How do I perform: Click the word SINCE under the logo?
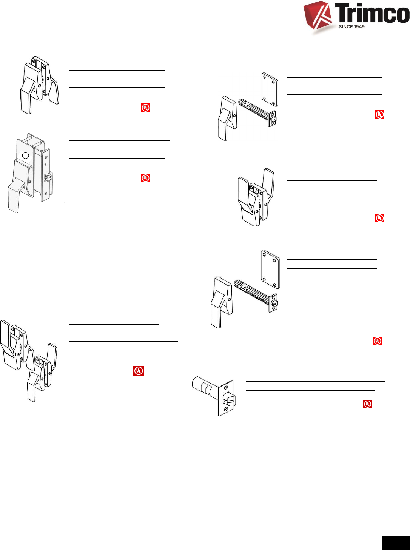pos(346,26)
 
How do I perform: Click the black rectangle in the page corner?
pos(396,542)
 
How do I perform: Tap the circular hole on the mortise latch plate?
pos(25,155)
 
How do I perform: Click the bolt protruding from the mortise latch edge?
pos(48,177)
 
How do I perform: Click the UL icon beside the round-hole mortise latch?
pos(145,178)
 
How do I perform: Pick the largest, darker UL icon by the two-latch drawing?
pos(139,371)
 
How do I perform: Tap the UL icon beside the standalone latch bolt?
pos(367,404)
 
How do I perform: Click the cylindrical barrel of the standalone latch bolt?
pos(204,387)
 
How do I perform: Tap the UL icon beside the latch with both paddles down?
pos(145,108)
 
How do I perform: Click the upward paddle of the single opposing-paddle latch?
pos(268,181)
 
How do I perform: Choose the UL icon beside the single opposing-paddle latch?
pos(380,218)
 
